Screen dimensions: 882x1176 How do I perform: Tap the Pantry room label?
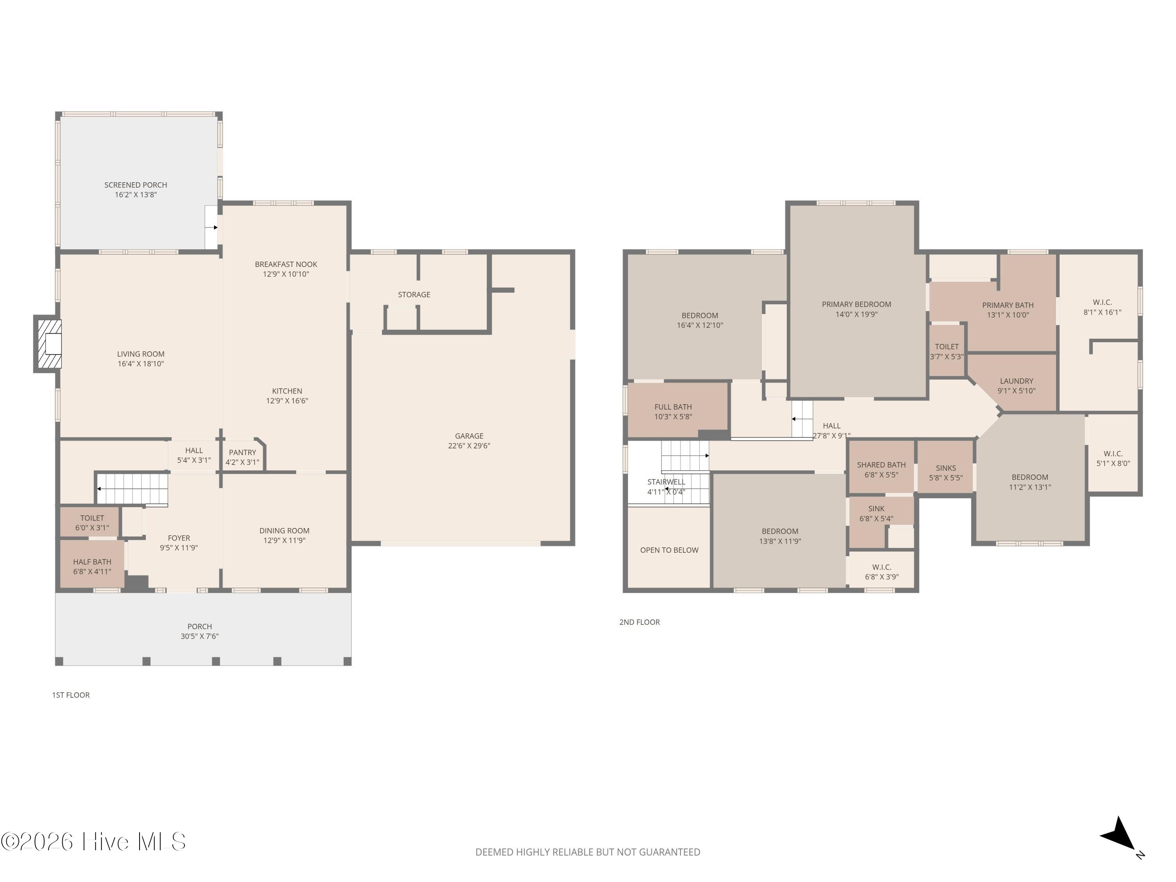pyautogui.click(x=242, y=452)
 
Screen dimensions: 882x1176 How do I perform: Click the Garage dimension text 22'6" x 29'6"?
pyautogui.click(x=469, y=446)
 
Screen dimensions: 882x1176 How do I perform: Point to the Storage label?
pyautogui.click(x=414, y=294)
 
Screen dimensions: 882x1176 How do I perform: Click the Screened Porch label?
pyautogui.click(x=136, y=185)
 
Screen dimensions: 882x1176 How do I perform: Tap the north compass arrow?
pyautogui.click(x=1120, y=836)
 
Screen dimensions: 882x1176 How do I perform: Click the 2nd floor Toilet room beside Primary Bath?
pyautogui.click(x=946, y=351)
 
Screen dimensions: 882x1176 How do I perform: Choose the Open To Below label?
pyautogui.click(x=669, y=550)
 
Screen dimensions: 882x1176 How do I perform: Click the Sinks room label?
pyautogui.click(x=945, y=468)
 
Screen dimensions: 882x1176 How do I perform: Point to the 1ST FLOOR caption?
pyautogui.click(x=71, y=695)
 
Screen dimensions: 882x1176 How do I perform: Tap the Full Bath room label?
pyautogui.click(x=673, y=407)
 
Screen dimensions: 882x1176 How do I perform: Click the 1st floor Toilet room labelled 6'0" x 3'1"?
pyautogui.click(x=92, y=523)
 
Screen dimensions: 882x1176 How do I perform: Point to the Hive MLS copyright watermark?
pyautogui.click(x=94, y=842)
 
